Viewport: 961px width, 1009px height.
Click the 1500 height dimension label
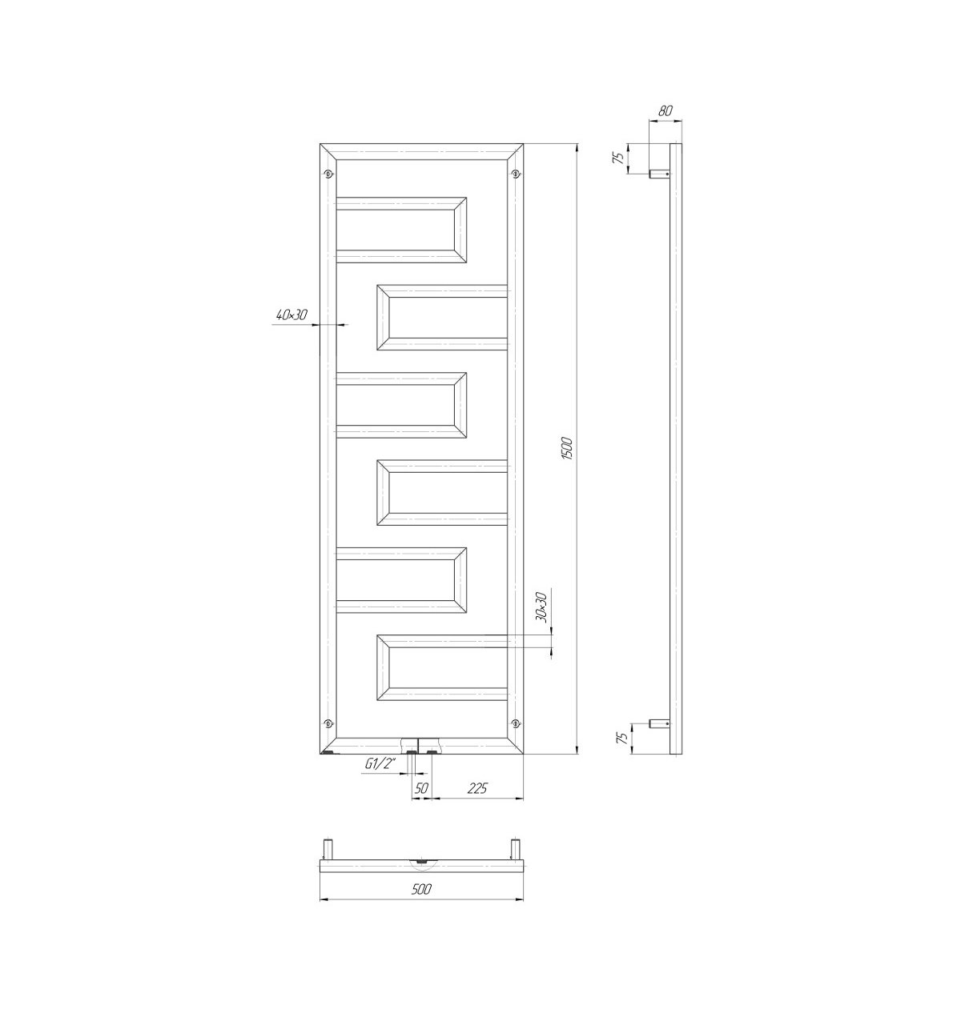566,448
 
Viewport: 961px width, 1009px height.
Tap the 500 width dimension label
420,888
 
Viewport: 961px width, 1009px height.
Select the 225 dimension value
477,787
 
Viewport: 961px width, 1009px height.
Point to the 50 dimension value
420,787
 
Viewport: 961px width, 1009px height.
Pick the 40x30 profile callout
292,314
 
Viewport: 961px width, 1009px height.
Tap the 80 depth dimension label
665,110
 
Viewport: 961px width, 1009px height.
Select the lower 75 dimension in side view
622,739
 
